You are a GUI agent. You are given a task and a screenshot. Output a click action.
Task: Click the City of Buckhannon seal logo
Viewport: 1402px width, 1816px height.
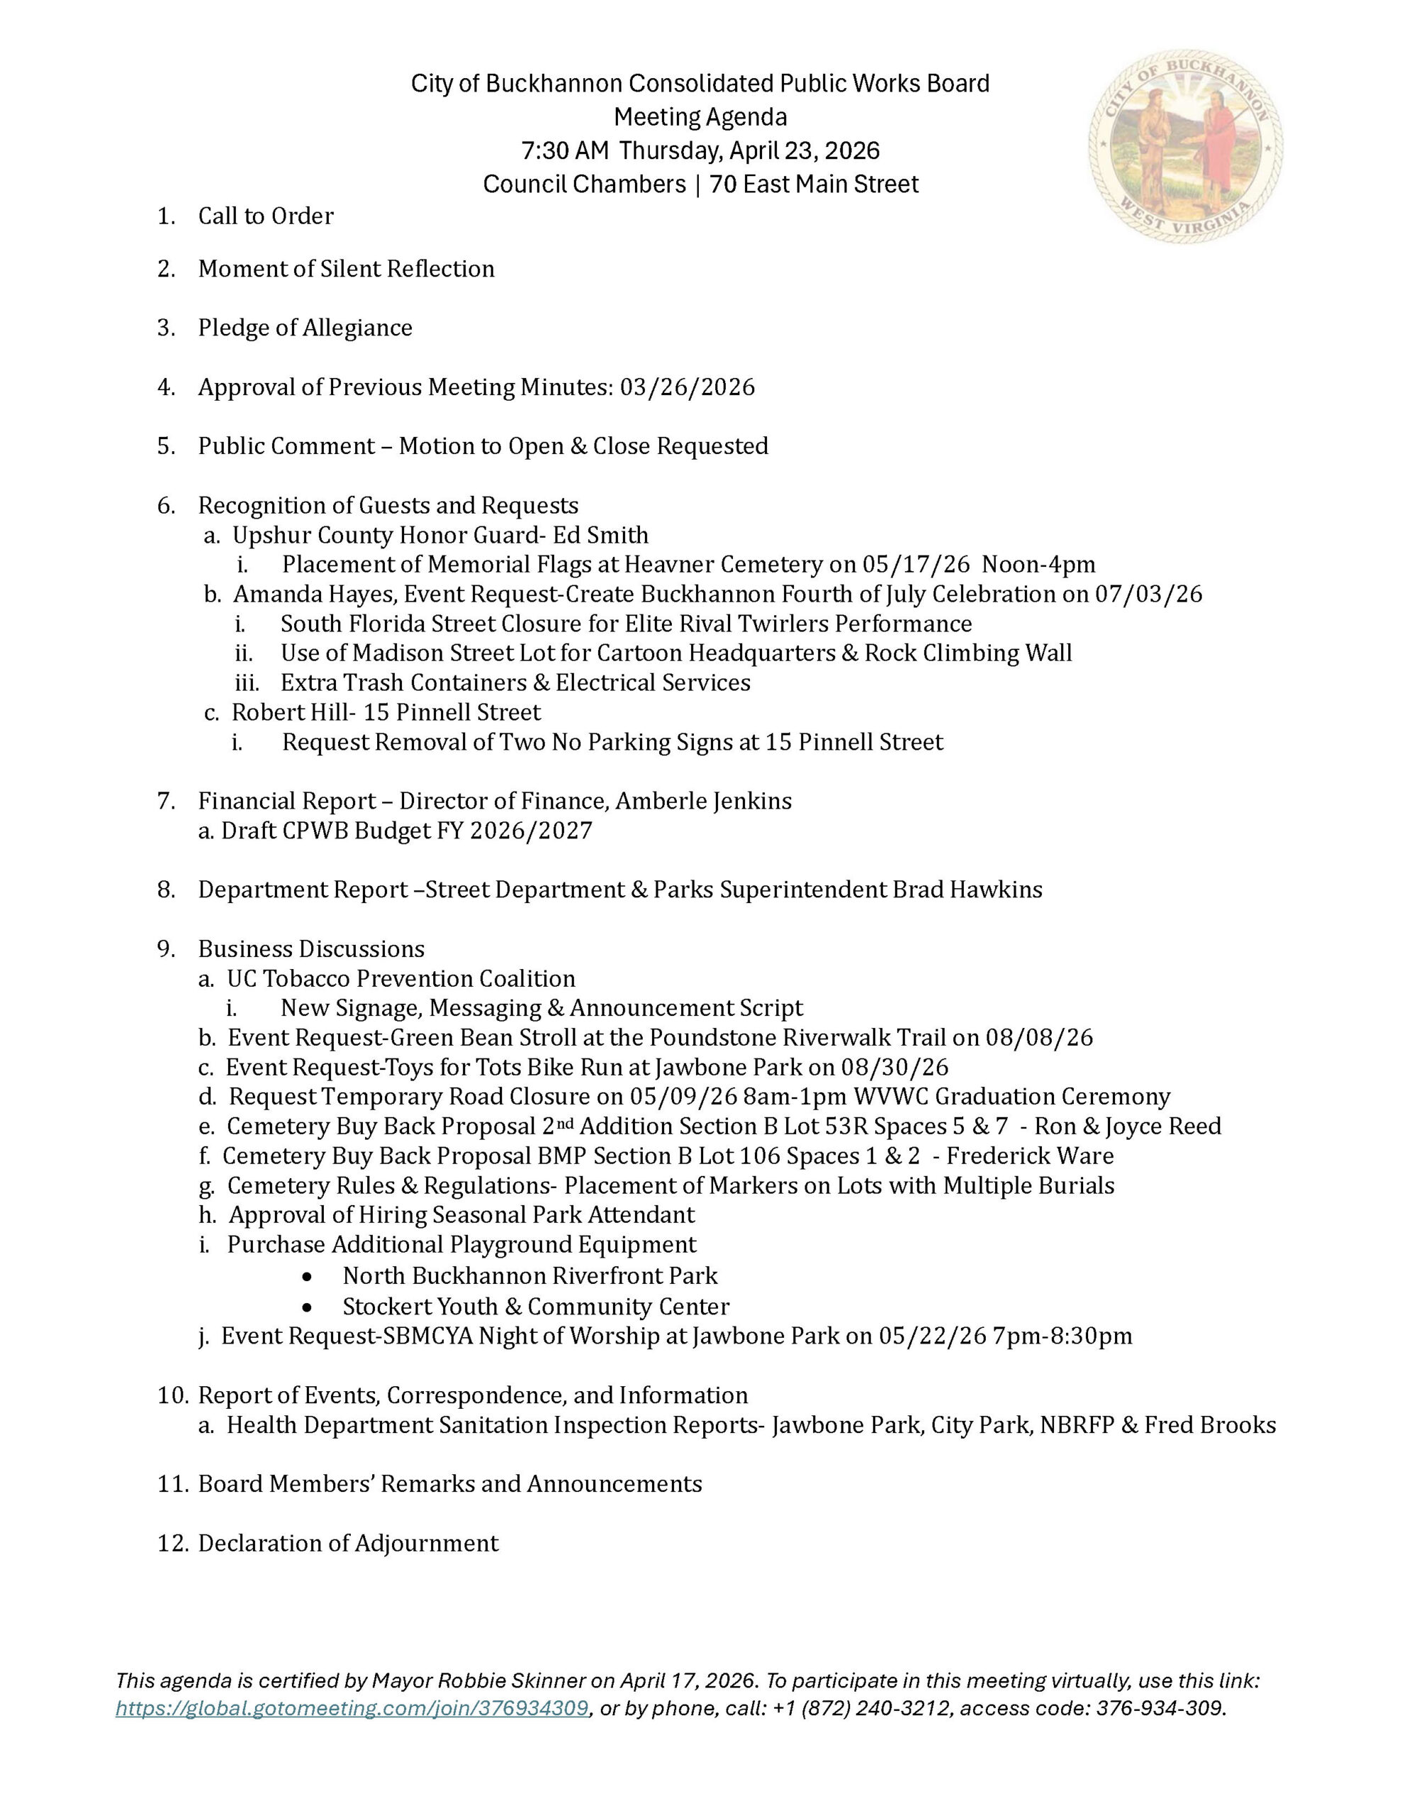tap(1185, 147)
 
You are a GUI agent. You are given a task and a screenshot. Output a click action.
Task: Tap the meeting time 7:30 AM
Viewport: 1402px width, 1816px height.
tap(564, 150)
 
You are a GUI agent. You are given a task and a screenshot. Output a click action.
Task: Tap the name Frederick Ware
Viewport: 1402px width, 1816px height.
tap(1030, 1156)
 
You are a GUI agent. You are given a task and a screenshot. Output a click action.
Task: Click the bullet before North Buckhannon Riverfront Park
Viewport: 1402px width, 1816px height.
tap(308, 1276)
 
